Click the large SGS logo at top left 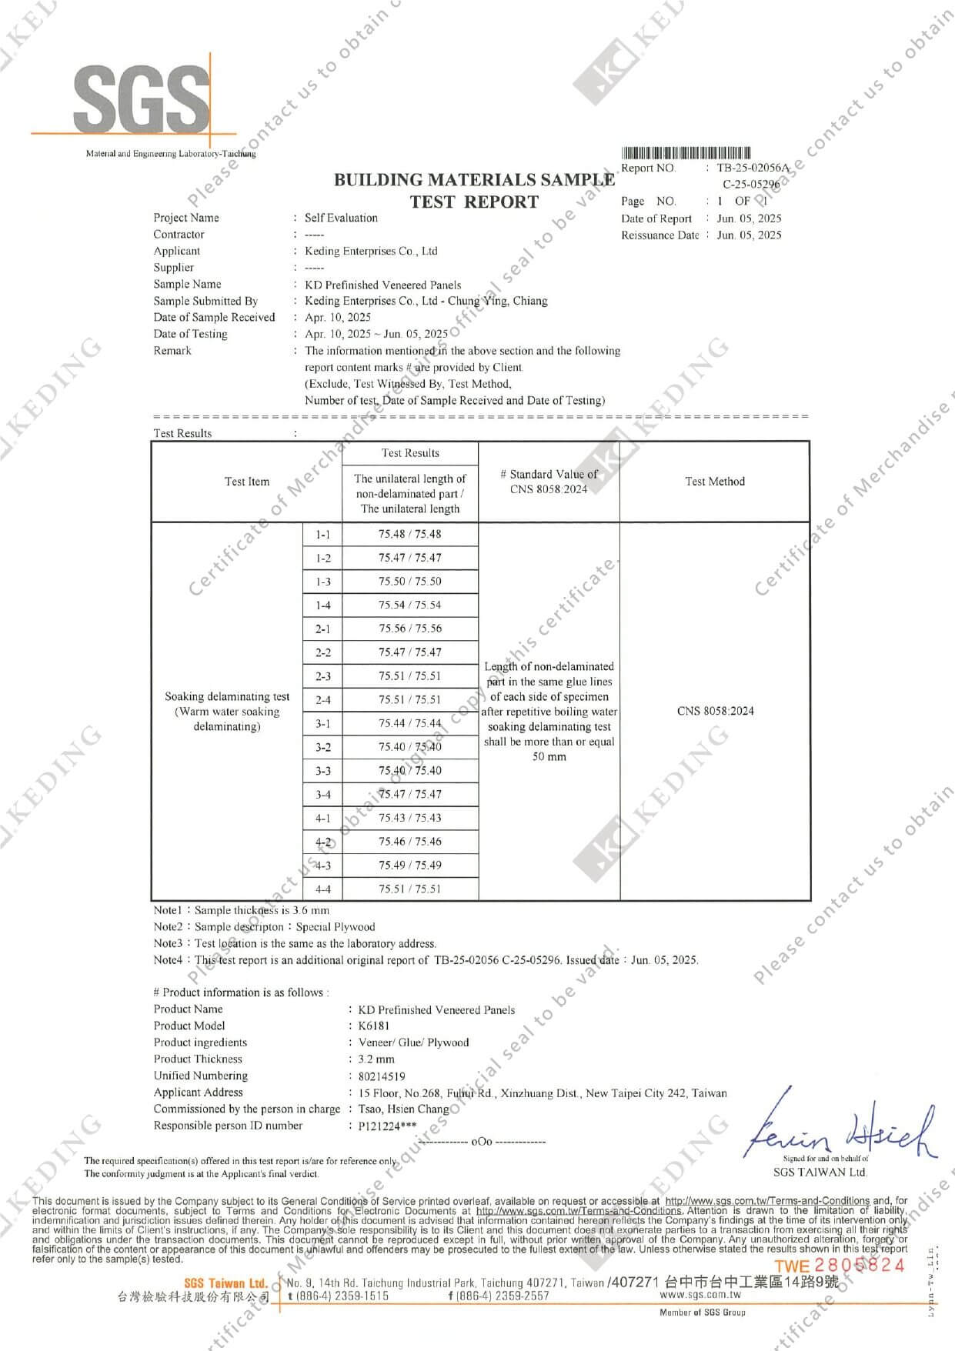142,98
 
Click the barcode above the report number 686,153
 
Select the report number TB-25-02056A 753,168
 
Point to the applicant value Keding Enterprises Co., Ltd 371,251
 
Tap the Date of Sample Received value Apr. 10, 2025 338,317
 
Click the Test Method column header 715,482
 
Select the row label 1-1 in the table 323,534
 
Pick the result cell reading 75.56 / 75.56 409,629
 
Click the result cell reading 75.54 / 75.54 409,605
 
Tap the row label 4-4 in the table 323,889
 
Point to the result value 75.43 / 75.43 409,818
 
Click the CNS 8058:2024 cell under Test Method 715,711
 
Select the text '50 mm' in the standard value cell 549,757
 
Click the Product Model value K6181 374,1026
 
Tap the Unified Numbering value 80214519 382,1076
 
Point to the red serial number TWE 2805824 839,1266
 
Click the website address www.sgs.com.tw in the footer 700,1296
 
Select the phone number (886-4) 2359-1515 338,1296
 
